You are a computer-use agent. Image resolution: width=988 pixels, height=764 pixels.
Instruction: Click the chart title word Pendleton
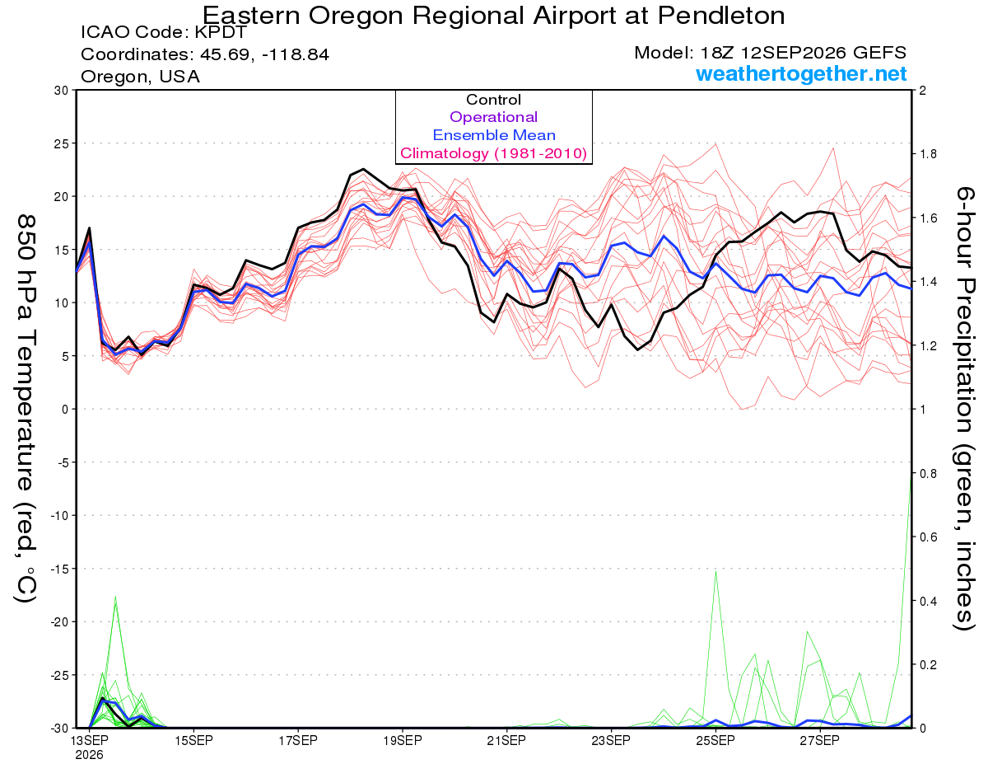721,15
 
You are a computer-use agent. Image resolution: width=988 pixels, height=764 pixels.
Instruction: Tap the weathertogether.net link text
801,73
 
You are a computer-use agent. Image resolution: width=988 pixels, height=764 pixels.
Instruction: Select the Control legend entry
493,99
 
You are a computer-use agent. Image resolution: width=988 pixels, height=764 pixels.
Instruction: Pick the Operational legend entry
493,117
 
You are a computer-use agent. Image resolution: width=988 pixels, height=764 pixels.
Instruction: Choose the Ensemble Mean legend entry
494,135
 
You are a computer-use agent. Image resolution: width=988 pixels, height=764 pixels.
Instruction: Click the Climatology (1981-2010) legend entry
494,153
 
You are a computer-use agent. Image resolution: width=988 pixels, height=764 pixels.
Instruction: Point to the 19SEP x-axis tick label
403,740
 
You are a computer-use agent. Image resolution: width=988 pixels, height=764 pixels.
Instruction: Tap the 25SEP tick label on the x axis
715,740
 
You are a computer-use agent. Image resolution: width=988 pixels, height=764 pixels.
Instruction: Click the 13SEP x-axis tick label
89,740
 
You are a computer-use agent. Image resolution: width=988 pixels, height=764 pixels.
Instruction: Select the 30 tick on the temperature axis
62,91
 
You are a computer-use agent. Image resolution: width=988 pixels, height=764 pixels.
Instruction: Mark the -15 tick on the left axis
59,569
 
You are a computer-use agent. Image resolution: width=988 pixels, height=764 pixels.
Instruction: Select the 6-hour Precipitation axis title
964,408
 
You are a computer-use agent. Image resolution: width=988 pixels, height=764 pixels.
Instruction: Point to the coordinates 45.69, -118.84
264,54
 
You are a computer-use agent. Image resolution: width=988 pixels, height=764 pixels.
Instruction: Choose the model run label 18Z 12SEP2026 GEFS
804,53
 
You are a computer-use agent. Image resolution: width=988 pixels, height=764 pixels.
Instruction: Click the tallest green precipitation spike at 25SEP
715,571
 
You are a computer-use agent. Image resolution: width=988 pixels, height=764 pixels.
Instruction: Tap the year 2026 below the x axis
89,756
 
